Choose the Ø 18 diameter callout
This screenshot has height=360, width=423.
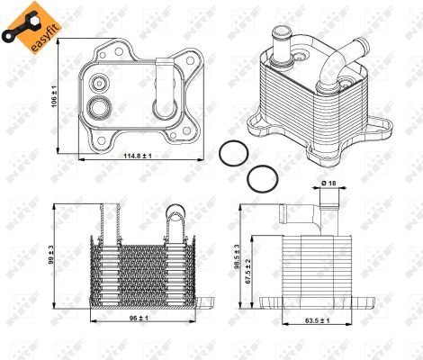[x=330, y=185]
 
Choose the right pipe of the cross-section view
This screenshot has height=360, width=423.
[x=175, y=220]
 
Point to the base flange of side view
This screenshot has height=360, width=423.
[x=315, y=303]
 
